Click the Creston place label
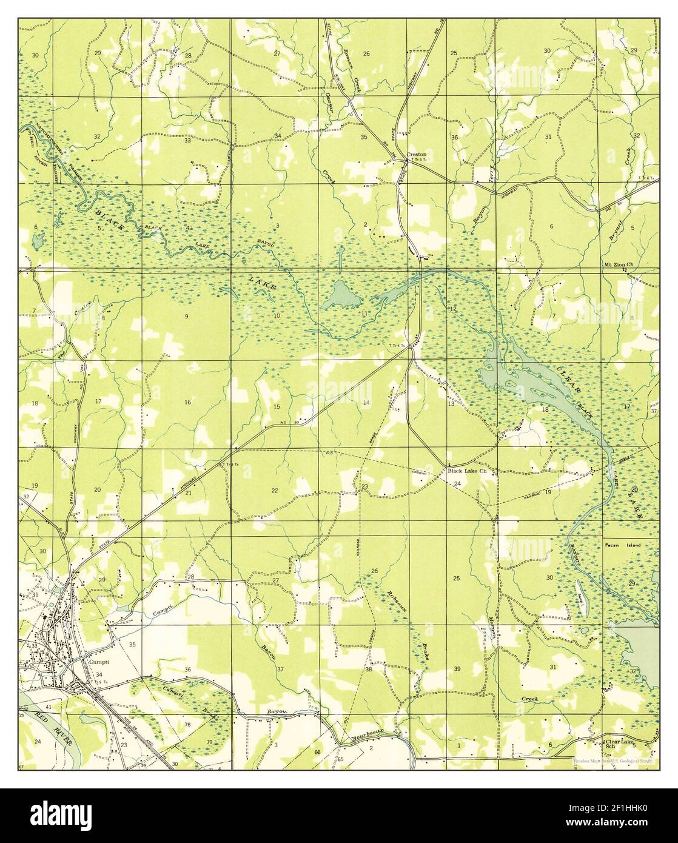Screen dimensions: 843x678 tap(417, 154)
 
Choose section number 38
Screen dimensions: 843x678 tap(368, 670)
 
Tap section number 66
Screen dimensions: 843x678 tap(317, 752)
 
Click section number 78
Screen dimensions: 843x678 tap(187, 725)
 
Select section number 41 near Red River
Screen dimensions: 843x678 tap(48, 708)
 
